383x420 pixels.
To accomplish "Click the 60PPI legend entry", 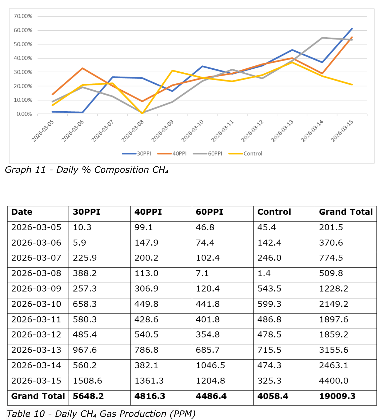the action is tap(207, 154).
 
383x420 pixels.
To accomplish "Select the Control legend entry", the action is tap(245, 154).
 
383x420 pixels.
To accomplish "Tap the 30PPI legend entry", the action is tap(136, 154).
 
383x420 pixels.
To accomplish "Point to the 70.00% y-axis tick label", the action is tap(23, 16).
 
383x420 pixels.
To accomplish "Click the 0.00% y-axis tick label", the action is tap(24, 114).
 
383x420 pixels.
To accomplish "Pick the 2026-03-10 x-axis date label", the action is tap(193, 131).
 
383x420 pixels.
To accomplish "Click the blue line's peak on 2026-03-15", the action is tap(352, 29).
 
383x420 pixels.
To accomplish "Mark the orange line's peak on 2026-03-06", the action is tap(82, 68).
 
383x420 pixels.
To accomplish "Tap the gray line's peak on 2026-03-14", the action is tap(322, 38).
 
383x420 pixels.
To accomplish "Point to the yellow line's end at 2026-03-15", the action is tap(352, 85).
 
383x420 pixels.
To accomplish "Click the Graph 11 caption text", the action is tap(87, 170).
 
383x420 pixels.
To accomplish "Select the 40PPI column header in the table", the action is tap(148, 212).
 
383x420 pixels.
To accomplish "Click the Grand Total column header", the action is tap(346, 212).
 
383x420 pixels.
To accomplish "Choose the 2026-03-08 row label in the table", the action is tap(36, 273).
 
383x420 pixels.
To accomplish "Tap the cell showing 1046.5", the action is tap(210, 365).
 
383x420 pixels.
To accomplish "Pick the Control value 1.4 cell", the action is tap(264, 273).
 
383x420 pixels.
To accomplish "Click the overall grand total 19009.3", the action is tap(337, 396).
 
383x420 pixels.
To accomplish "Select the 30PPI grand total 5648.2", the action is tap(88, 396).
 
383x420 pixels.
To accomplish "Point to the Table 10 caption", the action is tap(101, 414).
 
